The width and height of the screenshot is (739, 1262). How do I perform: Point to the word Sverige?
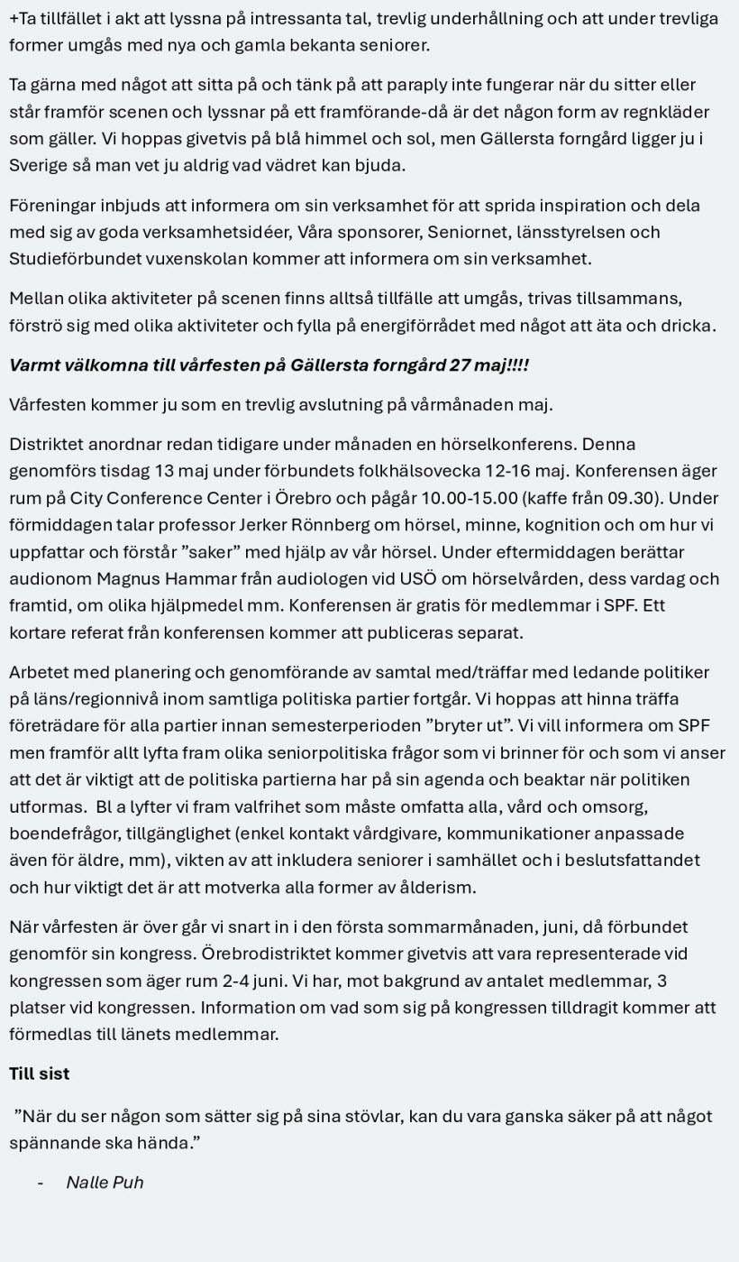click(x=39, y=166)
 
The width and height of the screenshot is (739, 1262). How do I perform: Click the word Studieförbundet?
click(x=76, y=259)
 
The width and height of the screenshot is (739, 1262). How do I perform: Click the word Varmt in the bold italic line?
click(x=33, y=365)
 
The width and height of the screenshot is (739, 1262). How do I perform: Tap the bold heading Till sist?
click(x=39, y=1073)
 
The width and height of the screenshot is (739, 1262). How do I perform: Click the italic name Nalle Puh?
click(x=105, y=1183)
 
